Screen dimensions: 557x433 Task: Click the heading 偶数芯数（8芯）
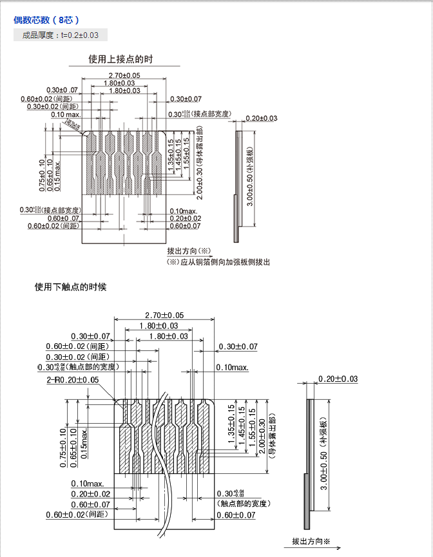click(x=46, y=20)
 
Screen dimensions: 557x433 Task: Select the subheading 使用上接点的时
click(x=120, y=59)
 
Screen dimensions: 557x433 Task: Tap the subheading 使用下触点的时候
click(x=70, y=287)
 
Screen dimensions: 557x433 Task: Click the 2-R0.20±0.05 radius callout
click(x=73, y=380)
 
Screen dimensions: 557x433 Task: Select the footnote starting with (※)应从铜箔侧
click(x=218, y=262)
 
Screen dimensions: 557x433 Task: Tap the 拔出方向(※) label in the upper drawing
click(x=189, y=250)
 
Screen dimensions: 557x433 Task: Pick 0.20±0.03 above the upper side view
click(x=261, y=118)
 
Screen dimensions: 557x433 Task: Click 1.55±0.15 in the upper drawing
click(x=187, y=152)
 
